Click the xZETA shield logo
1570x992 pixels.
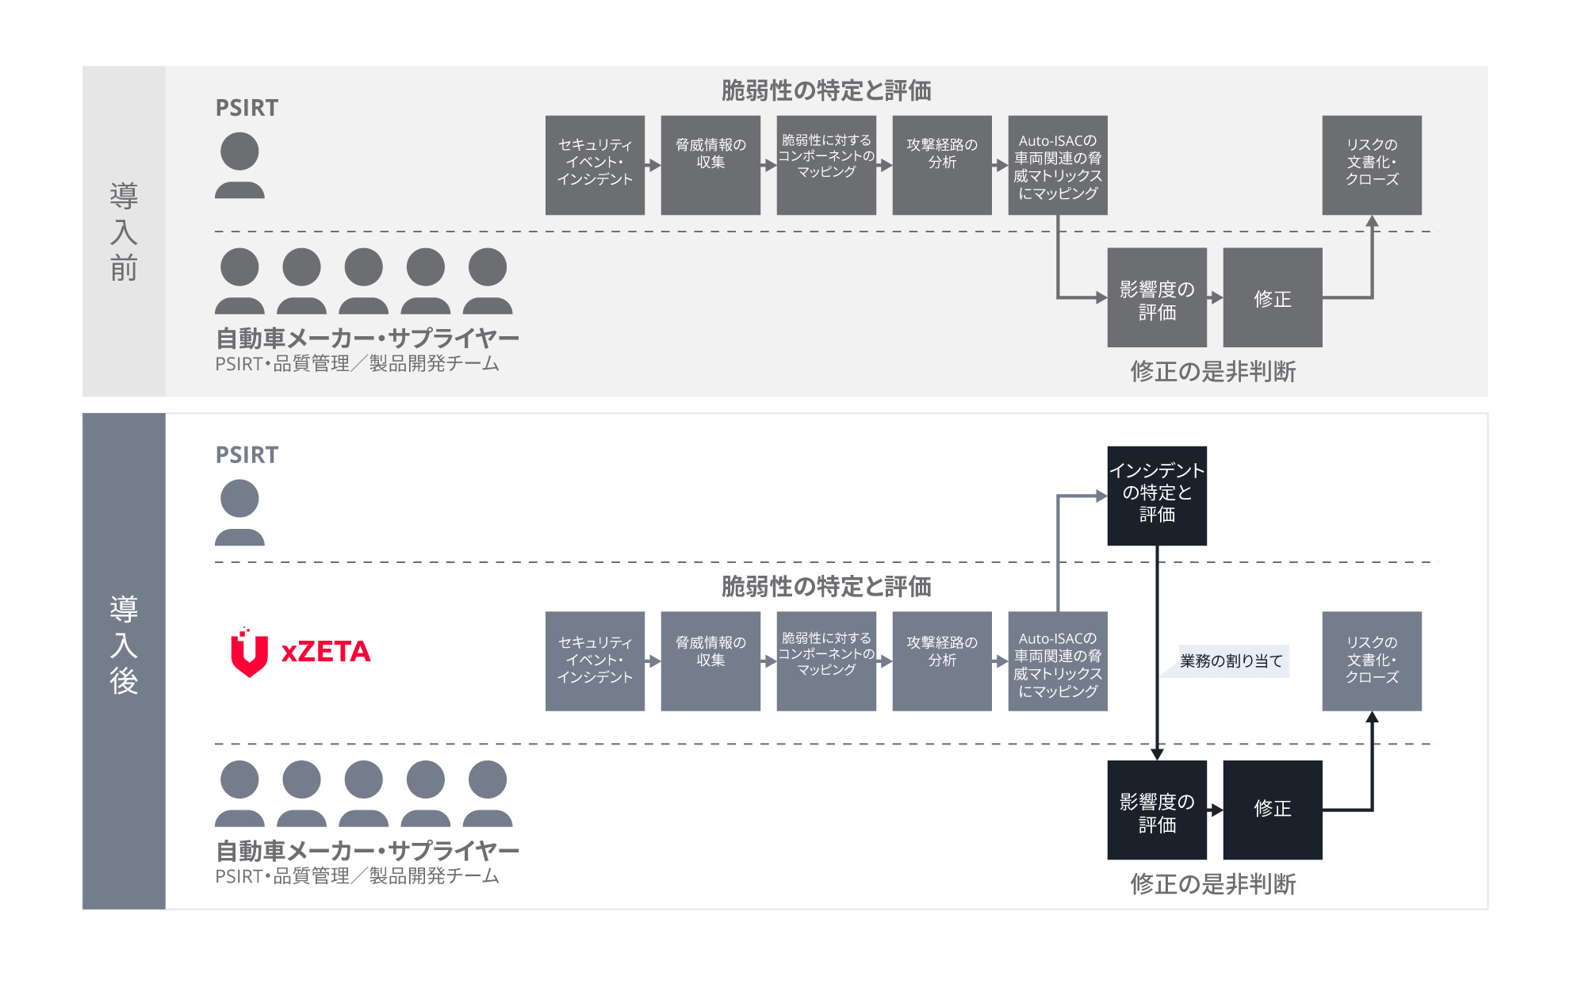pyautogui.click(x=249, y=653)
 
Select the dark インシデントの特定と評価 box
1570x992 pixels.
pyautogui.click(x=1156, y=496)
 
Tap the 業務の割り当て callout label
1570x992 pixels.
pyautogui.click(x=1231, y=661)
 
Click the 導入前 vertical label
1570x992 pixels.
pyautogui.click(x=124, y=231)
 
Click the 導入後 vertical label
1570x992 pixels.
pyautogui.click(x=124, y=645)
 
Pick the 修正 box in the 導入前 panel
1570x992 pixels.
pyautogui.click(x=1272, y=298)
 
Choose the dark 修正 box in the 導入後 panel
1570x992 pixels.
pyautogui.click(x=1272, y=810)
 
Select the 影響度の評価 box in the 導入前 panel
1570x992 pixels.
pyautogui.click(x=1156, y=298)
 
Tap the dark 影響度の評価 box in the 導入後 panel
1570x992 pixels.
pyautogui.click(x=1156, y=810)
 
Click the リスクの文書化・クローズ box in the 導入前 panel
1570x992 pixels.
pyautogui.click(x=1371, y=165)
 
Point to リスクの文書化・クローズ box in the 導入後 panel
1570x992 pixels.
pyautogui.click(x=1371, y=661)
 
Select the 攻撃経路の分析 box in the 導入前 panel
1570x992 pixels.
pyautogui.click(x=941, y=165)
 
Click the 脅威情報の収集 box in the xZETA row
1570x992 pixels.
pyautogui.click(x=710, y=661)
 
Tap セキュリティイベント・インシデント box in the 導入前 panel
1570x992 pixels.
pyautogui.click(x=595, y=165)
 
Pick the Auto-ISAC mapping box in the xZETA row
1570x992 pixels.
pyautogui.click(x=1057, y=661)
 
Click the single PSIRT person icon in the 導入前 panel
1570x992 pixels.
pyautogui.click(x=239, y=165)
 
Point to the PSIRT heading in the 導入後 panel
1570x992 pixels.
pyautogui.click(x=247, y=455)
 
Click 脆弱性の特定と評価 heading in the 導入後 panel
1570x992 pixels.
pyautogui.click(x=825, y=587)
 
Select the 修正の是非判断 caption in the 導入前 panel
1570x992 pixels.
pyautogui.click(x=1212, y=371)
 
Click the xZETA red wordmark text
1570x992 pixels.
pyautogui.click(x=326, y=652)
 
